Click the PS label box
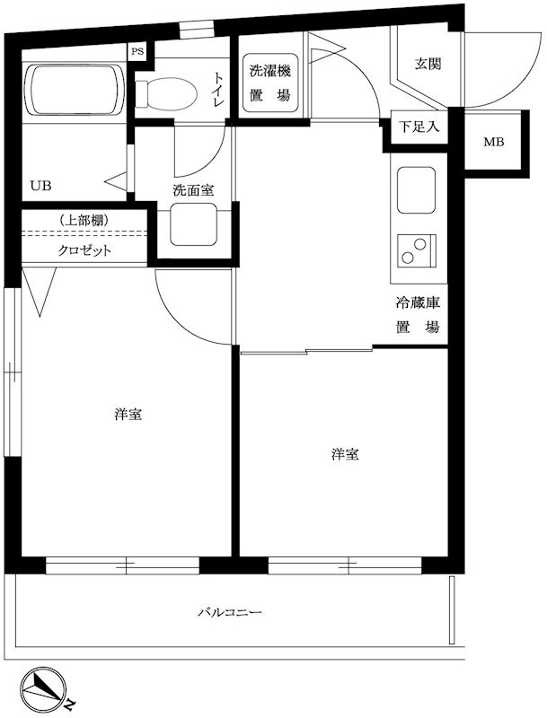[137, 52]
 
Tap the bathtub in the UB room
[74, 89]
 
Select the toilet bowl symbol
[167, 90]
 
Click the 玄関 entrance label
[426, 65]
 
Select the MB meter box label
[494, 142]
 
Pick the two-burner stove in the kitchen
[417, 250]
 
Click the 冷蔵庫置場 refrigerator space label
[419, 315]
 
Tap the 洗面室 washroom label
[193, 190]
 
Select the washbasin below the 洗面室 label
[194, 229]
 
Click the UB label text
[41, 187]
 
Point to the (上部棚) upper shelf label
[84, 220]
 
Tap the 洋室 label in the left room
[128, 415]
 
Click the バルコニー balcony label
[230, 613]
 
